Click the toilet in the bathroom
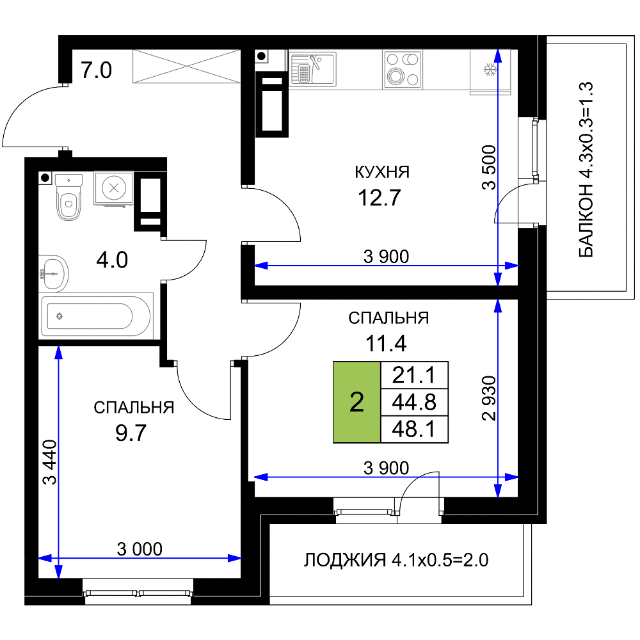(68, 196)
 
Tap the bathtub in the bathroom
(96, 316)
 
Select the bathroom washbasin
(53, 273)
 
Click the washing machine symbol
(114, 188)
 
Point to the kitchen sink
(313, 68)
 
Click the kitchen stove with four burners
(403, 70)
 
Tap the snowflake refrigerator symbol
(490, 69)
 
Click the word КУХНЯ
(382, 172)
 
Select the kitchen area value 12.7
(379, 198)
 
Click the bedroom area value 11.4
(386, 343)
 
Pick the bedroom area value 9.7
(131, 433)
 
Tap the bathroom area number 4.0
(112, 260)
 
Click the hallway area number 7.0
(96, 70)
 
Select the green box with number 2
(356, 402)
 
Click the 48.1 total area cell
(414, 429)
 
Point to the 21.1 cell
(414, 374)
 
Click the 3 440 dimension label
(50, 462)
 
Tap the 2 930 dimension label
(489, 398)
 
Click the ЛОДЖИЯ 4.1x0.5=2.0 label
(396, 560)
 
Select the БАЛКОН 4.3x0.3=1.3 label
(586, 170)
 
